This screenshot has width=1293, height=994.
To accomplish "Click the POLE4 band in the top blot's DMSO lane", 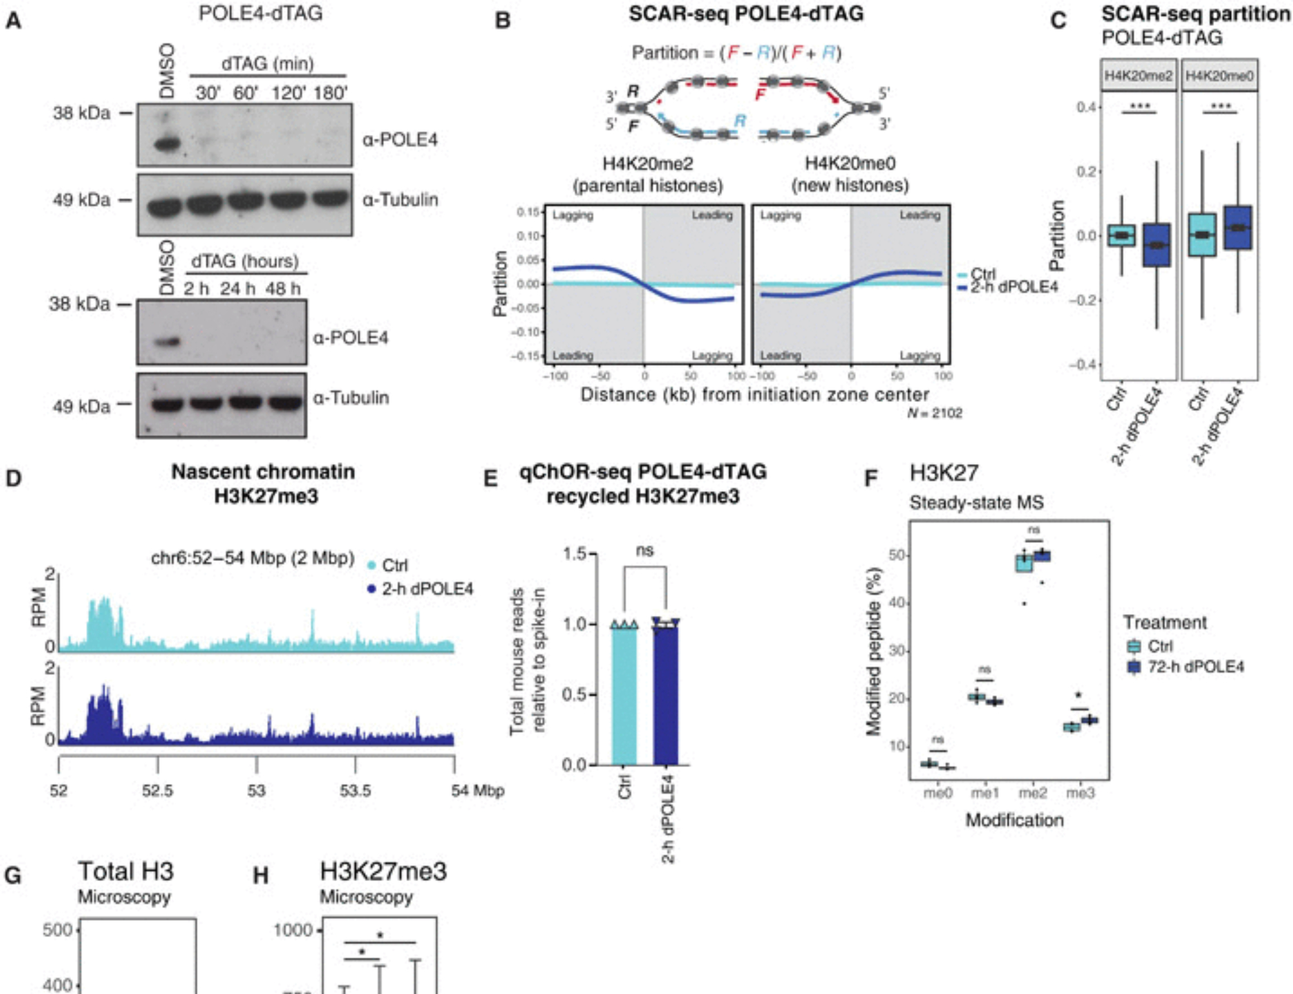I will point(167,143).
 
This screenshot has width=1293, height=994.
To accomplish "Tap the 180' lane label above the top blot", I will point(330,93).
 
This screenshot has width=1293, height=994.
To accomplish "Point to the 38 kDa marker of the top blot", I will point(81,113).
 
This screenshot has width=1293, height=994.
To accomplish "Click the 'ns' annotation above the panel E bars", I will point(645,550).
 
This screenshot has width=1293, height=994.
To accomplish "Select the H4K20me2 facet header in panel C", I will point(1138,76).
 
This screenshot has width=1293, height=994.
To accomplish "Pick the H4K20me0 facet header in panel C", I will point(1219,76).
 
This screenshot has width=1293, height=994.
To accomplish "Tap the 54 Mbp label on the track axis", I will point(477,790).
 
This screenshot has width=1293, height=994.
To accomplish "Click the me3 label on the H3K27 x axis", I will point(1080,792).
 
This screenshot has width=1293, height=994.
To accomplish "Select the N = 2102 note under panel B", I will point(935,413).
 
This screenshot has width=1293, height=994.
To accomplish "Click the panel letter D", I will point(14,478).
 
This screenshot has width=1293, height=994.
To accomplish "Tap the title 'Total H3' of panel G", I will point(126,871).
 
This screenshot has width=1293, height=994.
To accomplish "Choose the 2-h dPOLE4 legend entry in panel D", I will point(427,589).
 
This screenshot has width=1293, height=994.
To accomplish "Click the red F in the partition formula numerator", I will point(732,52).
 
